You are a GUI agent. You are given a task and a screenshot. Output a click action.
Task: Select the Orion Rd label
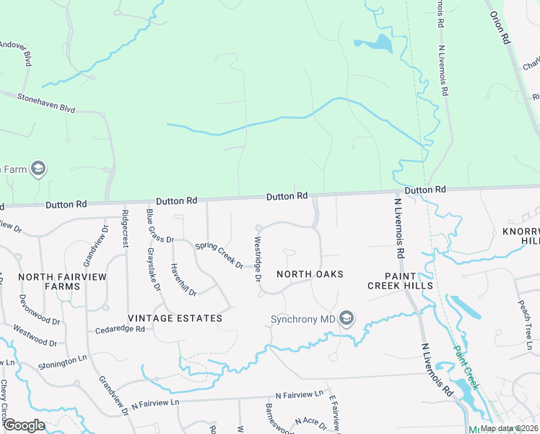point(500,27)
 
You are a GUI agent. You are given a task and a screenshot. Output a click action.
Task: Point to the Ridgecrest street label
point(126,229)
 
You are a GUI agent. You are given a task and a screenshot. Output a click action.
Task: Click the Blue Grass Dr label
point(160,226)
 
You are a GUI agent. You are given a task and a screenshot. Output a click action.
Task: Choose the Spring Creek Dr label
point(219,255)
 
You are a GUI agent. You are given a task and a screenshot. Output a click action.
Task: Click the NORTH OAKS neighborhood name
point(310,274)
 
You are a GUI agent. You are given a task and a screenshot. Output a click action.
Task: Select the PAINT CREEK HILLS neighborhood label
point(399,280)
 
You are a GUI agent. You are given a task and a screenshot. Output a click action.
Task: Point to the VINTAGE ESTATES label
point(175,318)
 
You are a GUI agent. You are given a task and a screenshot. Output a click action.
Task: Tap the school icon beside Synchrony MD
point(347,318)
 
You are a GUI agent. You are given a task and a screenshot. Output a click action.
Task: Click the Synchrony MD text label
point(303,319)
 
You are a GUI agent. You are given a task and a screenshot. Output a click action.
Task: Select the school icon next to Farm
point(38,169)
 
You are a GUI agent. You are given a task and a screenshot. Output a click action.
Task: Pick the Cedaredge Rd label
point(120,329)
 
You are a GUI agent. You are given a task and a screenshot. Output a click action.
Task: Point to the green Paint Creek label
point(466,365)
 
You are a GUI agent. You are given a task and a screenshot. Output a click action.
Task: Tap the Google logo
point(24,425)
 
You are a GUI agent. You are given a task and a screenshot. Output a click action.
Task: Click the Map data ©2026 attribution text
point(508,428)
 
